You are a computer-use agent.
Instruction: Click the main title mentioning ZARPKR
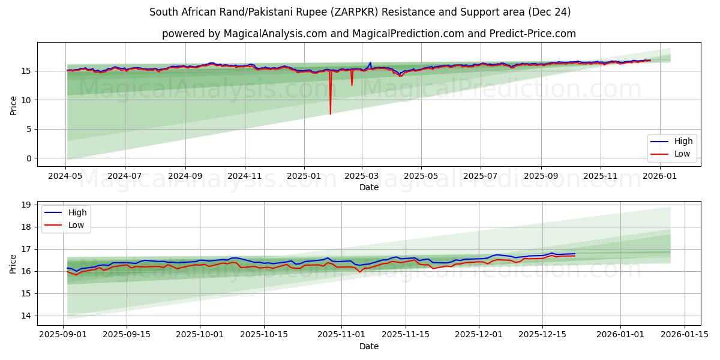[x=360, y=12]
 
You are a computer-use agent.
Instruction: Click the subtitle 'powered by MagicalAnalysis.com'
[x=368, y=34]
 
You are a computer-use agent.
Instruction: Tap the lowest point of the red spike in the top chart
[x=330, y=114]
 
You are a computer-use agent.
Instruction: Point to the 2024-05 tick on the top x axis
[x=65, y=176]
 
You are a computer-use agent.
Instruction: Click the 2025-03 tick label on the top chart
[x=362, y=176]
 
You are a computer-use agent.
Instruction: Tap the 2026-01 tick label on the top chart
[x=660, y=176]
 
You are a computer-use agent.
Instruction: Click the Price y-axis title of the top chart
[x=13, y=105]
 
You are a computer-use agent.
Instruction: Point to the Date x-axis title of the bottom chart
[x=368, y=346]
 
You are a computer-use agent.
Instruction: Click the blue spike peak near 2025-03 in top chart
[x=370, y=62]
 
